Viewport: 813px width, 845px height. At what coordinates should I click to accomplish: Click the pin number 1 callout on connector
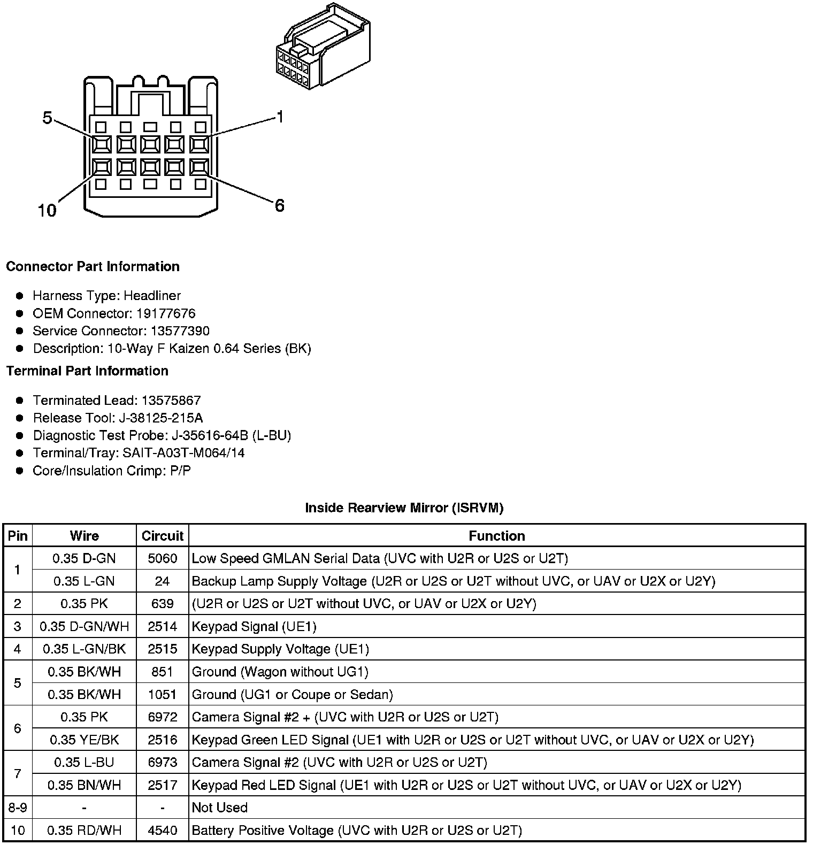(279, 117)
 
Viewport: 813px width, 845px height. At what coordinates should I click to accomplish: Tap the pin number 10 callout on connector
(47, 210)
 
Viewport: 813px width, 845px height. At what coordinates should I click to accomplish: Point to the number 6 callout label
(279, 205)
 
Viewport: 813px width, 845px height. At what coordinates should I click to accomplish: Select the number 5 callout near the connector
(47, 118)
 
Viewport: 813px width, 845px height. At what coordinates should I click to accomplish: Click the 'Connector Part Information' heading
(93, 266)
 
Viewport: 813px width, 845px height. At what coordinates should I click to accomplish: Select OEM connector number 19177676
(166, 313)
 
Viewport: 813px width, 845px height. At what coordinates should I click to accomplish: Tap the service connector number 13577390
(178, 331)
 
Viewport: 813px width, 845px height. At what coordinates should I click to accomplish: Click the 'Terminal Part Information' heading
(87, 371)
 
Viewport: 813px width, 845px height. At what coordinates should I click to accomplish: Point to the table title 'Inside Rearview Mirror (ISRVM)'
(404, 508)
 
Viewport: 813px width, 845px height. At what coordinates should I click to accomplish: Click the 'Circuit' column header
(162, 536)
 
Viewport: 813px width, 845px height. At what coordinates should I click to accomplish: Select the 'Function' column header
(496, 536)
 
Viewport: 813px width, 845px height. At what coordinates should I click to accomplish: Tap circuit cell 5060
(162, 558)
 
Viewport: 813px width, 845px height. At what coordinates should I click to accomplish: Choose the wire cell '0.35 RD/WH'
(84, 830)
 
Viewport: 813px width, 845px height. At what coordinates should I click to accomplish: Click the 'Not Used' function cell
(219, 808)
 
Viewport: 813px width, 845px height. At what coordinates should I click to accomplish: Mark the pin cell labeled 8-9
(17, 808)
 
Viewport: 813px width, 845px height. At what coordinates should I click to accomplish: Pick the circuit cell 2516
(162, 740)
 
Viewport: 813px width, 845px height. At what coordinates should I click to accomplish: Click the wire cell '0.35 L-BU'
(84, 762)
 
